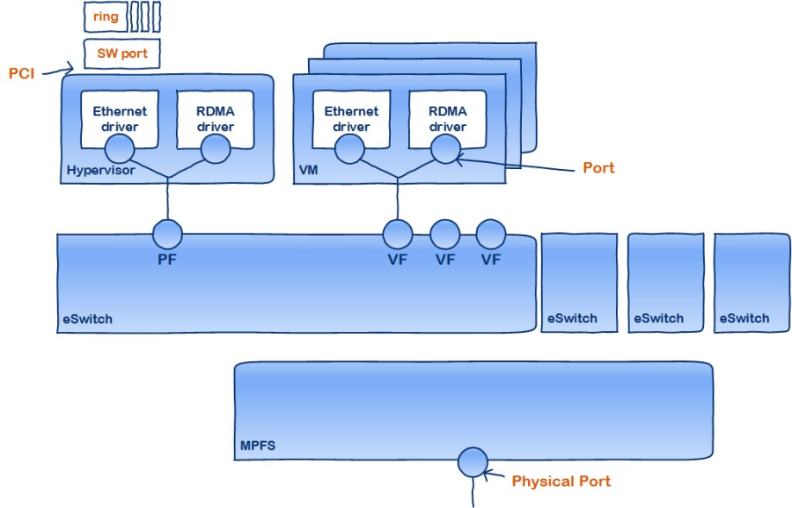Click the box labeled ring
(x=106, y=17)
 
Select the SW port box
(x=122, y=54)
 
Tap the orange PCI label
(x=22, y=73)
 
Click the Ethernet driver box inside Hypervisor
(x=121, y=119)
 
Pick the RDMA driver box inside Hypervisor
(x=216, y=119)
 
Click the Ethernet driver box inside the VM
(x=351, y=119)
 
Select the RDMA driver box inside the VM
(x=446, y=119)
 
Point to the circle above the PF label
(x=167, y=234)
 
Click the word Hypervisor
(x=100, y=170)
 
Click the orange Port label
(x=599, y=167)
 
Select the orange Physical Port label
(x=561, y=482)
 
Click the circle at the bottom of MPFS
(x=473, y=460)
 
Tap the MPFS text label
(x=258, y=446)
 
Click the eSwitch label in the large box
(x=87, y=319)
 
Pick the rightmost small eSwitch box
(x=751, y=282)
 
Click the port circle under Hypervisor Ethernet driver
(x=129, y=150)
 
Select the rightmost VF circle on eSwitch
(x=490, y=234)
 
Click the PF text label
(x=167, y=260)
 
